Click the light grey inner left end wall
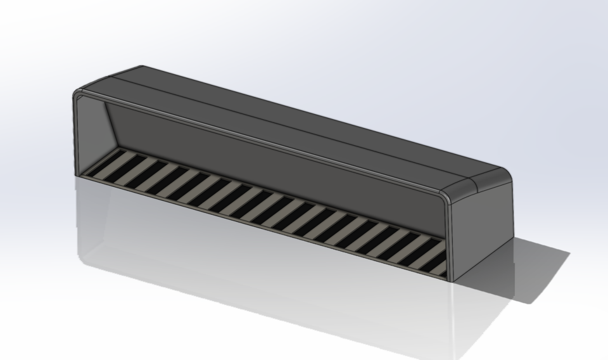(x=92, y=133)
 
